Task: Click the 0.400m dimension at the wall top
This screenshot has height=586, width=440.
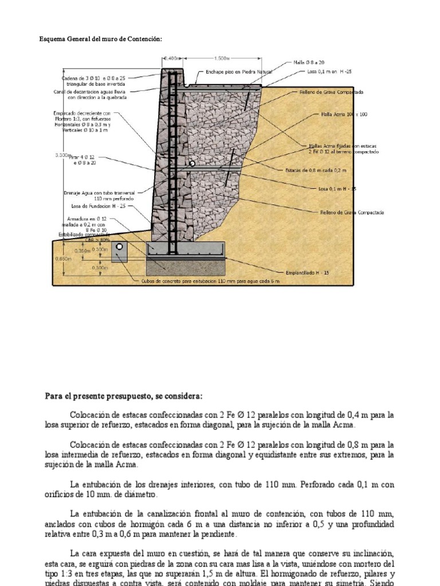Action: tap(172, 58)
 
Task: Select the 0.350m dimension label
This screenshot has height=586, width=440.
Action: tap(82, 250)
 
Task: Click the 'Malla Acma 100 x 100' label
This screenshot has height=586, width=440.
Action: tap(344, 114)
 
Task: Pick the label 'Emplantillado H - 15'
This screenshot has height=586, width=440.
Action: tap(307, 273)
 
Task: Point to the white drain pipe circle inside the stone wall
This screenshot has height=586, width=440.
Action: tap(192, 164)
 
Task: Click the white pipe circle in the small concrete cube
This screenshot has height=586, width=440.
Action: tap(120, 247)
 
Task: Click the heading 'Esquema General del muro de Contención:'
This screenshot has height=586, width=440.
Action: tap(100, 39)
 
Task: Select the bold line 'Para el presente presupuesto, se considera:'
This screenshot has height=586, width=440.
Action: tap(123, 396)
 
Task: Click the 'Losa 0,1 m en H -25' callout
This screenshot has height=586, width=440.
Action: tap(329, 72)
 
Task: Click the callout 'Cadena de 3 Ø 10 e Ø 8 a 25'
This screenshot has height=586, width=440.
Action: tap(93, 78)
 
